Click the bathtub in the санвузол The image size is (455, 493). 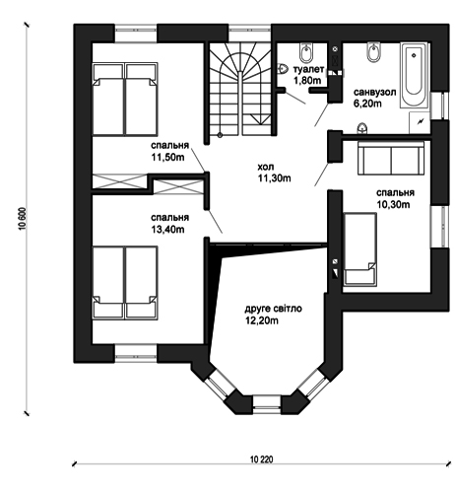414,75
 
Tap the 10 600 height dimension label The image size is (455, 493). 23,219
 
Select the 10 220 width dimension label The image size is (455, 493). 261,459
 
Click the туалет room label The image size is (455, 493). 308,69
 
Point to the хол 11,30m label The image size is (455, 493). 274,173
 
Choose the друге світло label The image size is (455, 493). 273,309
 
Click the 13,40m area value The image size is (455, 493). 167,230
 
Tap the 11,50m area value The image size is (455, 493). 167,158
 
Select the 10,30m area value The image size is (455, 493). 393,204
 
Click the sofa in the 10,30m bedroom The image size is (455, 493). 391,158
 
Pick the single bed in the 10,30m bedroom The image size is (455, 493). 359,248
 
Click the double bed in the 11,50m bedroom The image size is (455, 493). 125,99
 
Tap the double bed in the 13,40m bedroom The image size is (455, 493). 125,282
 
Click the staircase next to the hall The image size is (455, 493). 240,89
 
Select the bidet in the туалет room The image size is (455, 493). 306,52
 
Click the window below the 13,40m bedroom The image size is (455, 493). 136,353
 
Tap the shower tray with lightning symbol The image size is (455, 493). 420,122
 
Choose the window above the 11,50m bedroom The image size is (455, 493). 136,34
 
